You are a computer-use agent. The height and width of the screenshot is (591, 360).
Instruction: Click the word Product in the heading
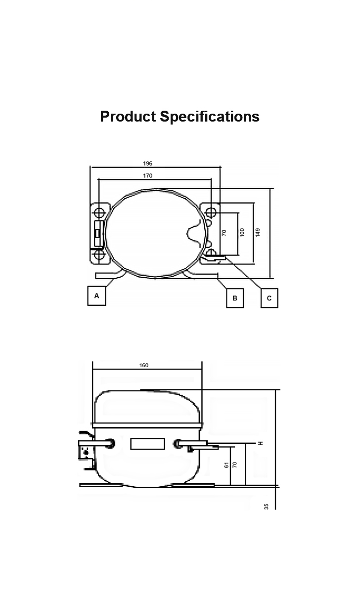pyautogui.click(x=128, y=117)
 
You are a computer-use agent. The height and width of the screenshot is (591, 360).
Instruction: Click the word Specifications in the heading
pyautogui.click(x=210, y=117)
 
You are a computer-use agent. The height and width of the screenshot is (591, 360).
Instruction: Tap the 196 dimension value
pyautogui.click(x=147, y=163)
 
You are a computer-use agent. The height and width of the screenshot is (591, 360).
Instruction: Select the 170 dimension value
pyautogui.click(x=147, y=175)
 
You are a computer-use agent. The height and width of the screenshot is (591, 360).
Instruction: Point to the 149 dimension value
pyautogui.click(x=258, y=232)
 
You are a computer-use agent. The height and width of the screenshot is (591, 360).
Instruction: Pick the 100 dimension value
pyautogui.click(x=242, y=232)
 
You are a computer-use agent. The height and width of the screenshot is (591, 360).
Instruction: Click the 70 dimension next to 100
pyautogui.click(x=224, y=233)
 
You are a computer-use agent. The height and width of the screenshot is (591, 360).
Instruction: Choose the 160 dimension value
pyautogui.click(x=144, y=365)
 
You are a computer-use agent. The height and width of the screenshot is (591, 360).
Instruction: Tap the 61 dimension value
pyautogui.click(x=226, y=465)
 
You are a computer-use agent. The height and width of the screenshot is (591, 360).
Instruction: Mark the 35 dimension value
pyautogui.click(x=266, y=507)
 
